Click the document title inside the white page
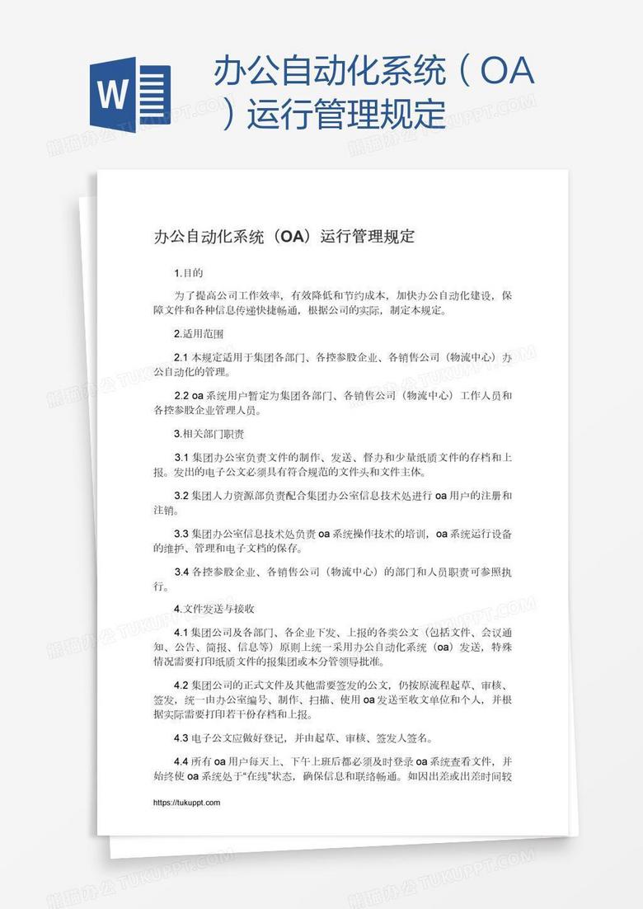point(284,237)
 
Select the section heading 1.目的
point(188,273)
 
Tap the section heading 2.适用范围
point(199,334)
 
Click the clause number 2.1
point(181,357)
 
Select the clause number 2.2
point(181,395)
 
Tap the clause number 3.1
point(181,457)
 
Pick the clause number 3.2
point(181,495)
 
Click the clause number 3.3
point(181,534)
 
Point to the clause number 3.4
point(181,571)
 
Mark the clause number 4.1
point(181,632)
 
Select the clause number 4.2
point(181,685)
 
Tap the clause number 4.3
point(181,737)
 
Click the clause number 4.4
point(181,761)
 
